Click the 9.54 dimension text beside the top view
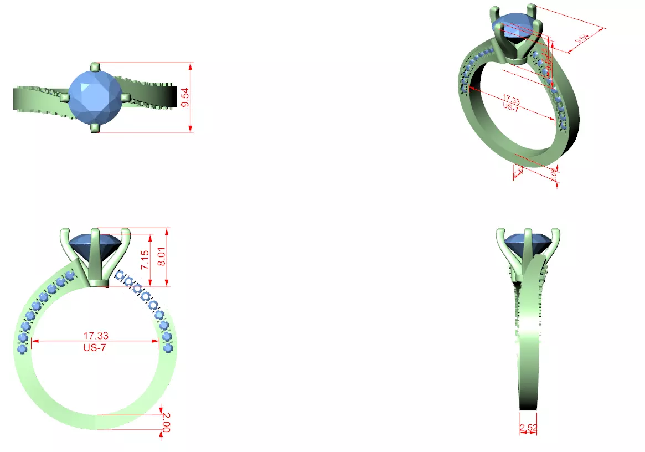pos(186,97)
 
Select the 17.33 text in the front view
pos(96,335)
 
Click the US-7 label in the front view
pos(96,348)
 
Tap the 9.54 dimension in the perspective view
pos(583,38)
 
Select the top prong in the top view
pos(95,66)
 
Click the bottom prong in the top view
pos(95,129)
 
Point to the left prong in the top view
pos(64,97)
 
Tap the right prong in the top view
pos(125,97)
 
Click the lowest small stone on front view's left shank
pos(22,349)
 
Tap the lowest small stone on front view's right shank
pos(168,347)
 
